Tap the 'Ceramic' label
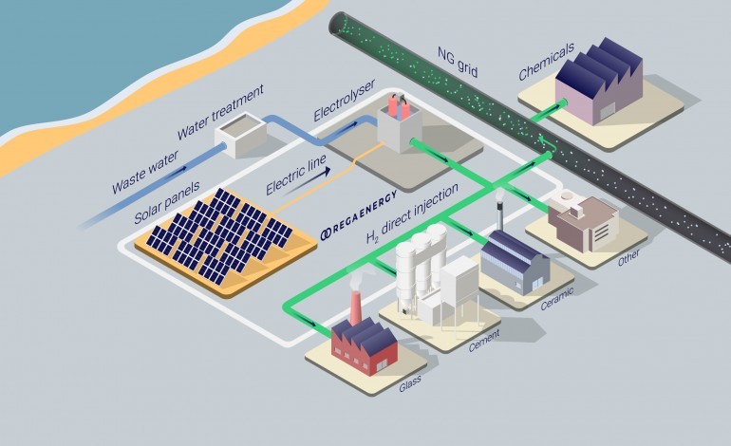557,300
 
